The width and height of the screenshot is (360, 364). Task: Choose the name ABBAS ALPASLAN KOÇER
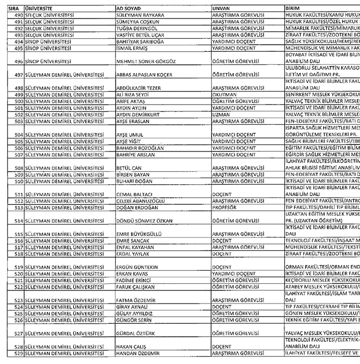click(x=145, y=75)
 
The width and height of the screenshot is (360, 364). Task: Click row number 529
click(x=16, y=355)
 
